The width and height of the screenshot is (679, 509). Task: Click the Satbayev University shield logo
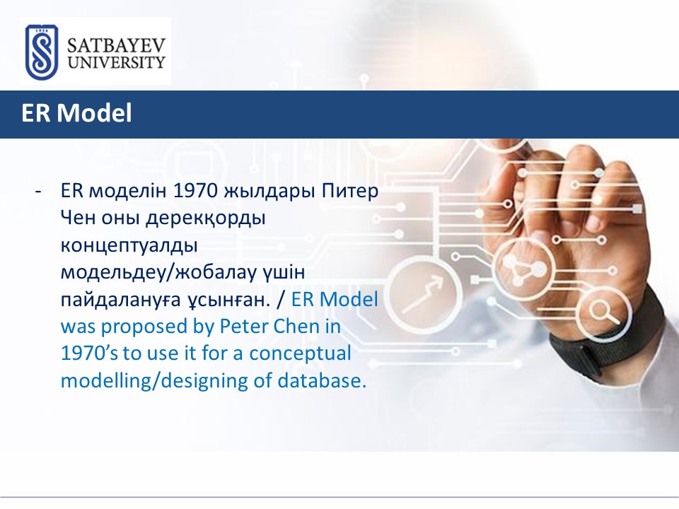[42, 52]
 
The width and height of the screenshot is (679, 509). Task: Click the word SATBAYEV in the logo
[116, 45]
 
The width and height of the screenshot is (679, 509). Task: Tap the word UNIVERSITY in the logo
[116, 62]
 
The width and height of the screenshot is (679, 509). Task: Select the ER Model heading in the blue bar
[76, 113]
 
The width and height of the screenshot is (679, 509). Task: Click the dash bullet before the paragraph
[38, 191]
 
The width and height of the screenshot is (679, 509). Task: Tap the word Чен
[78, 217]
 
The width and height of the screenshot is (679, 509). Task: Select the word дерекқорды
[205, 218]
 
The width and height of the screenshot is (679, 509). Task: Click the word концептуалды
[129, 246]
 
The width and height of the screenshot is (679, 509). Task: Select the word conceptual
[300, 354]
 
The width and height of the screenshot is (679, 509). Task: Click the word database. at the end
[322, 380]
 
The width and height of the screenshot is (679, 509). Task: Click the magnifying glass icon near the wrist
[605, 312]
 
